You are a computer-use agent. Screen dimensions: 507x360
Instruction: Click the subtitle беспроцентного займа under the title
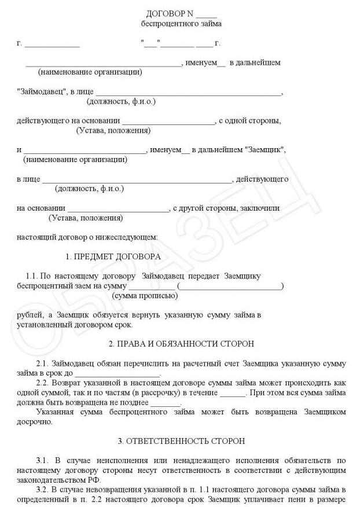click(x=181, y=24)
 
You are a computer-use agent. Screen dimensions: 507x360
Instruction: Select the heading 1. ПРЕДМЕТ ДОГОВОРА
click(x=113, y=256)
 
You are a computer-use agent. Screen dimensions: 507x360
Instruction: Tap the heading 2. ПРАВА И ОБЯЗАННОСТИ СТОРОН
click(x=181, y=344)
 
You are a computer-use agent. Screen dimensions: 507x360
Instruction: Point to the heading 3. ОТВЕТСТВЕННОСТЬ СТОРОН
click(x=181, y=441)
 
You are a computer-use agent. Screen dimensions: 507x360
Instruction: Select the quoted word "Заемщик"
click(x=265, y=150)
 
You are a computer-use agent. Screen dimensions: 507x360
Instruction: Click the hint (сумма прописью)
click(x=145, y=296)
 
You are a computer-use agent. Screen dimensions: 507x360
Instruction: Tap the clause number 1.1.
click(x=33, y=276)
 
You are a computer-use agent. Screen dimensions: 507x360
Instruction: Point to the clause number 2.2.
click(x=42, y=383)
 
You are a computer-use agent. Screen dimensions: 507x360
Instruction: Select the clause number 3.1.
click(x=42, y=461)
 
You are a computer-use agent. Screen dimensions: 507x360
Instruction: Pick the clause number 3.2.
click(x=42, y=490)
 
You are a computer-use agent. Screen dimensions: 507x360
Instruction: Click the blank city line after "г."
click(x=52, y=44)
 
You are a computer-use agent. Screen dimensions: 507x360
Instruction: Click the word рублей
click(x=29, y=315)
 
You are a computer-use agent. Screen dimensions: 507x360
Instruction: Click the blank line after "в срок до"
click(x=124, y=374)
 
